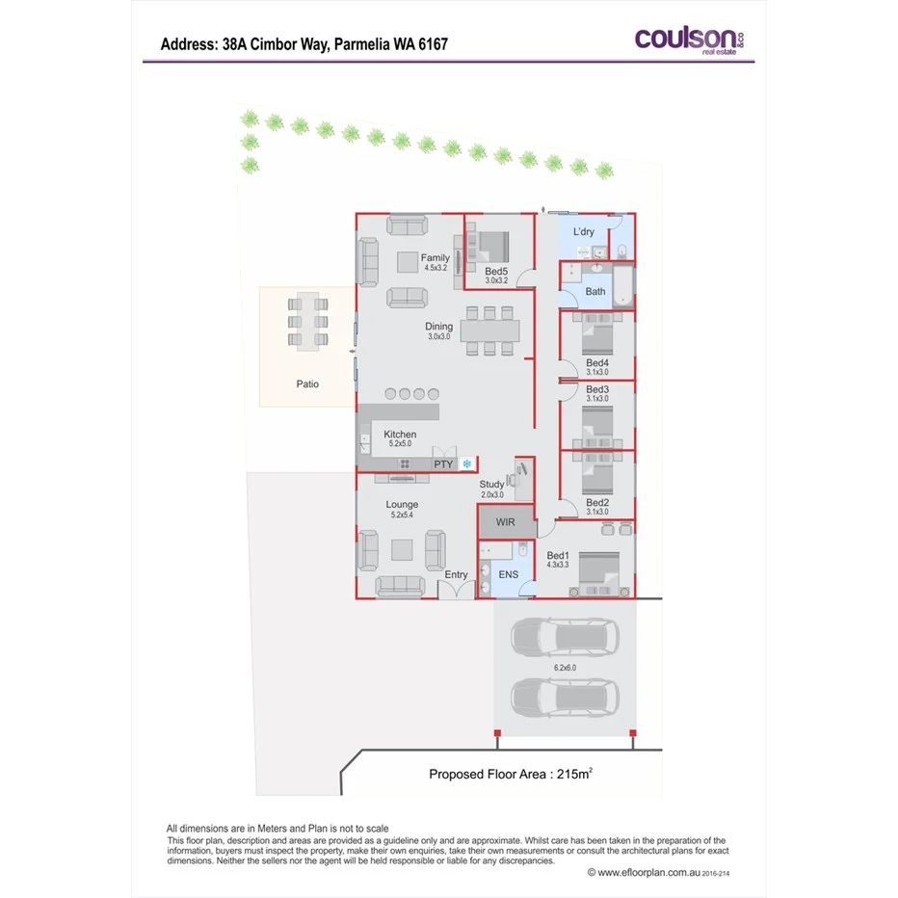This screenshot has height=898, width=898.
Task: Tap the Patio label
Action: point(307,383)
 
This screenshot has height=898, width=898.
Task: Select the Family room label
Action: point(436,257)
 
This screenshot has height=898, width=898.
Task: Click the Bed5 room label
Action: point(496,271)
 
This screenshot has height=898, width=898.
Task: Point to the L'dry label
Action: point(584,231)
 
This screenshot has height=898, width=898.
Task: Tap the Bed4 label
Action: point(597,362)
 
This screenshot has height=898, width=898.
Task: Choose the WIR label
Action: point(506,522)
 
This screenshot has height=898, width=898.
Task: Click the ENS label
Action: point(508,574)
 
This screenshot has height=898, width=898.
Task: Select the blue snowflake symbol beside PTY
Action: point(467,464)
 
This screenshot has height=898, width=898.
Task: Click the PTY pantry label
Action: point(443,464)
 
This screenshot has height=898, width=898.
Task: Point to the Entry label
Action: point(456,575)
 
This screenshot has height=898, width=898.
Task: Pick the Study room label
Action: point(491,484)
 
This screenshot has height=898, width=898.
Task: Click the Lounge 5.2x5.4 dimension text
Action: point(402,515)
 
